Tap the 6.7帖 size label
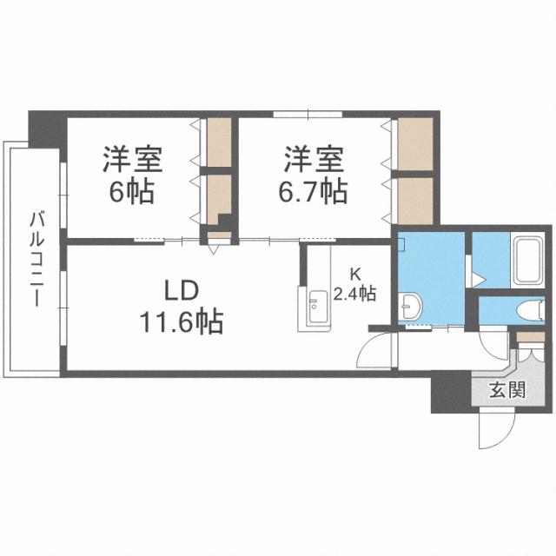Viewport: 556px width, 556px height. click(313, 190)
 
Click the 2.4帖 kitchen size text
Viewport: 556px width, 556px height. click(357, 294)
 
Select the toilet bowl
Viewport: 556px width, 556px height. click(530, 309)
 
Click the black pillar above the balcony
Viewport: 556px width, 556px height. click(43, 129)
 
